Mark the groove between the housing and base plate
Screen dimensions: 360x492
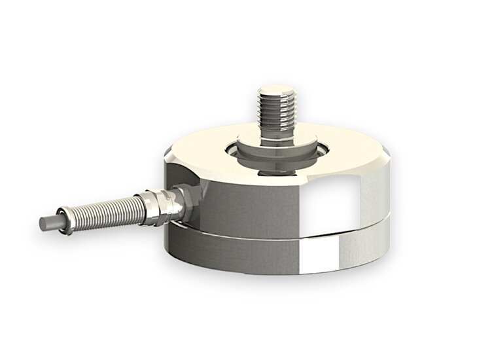click(x=275, y=226)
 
